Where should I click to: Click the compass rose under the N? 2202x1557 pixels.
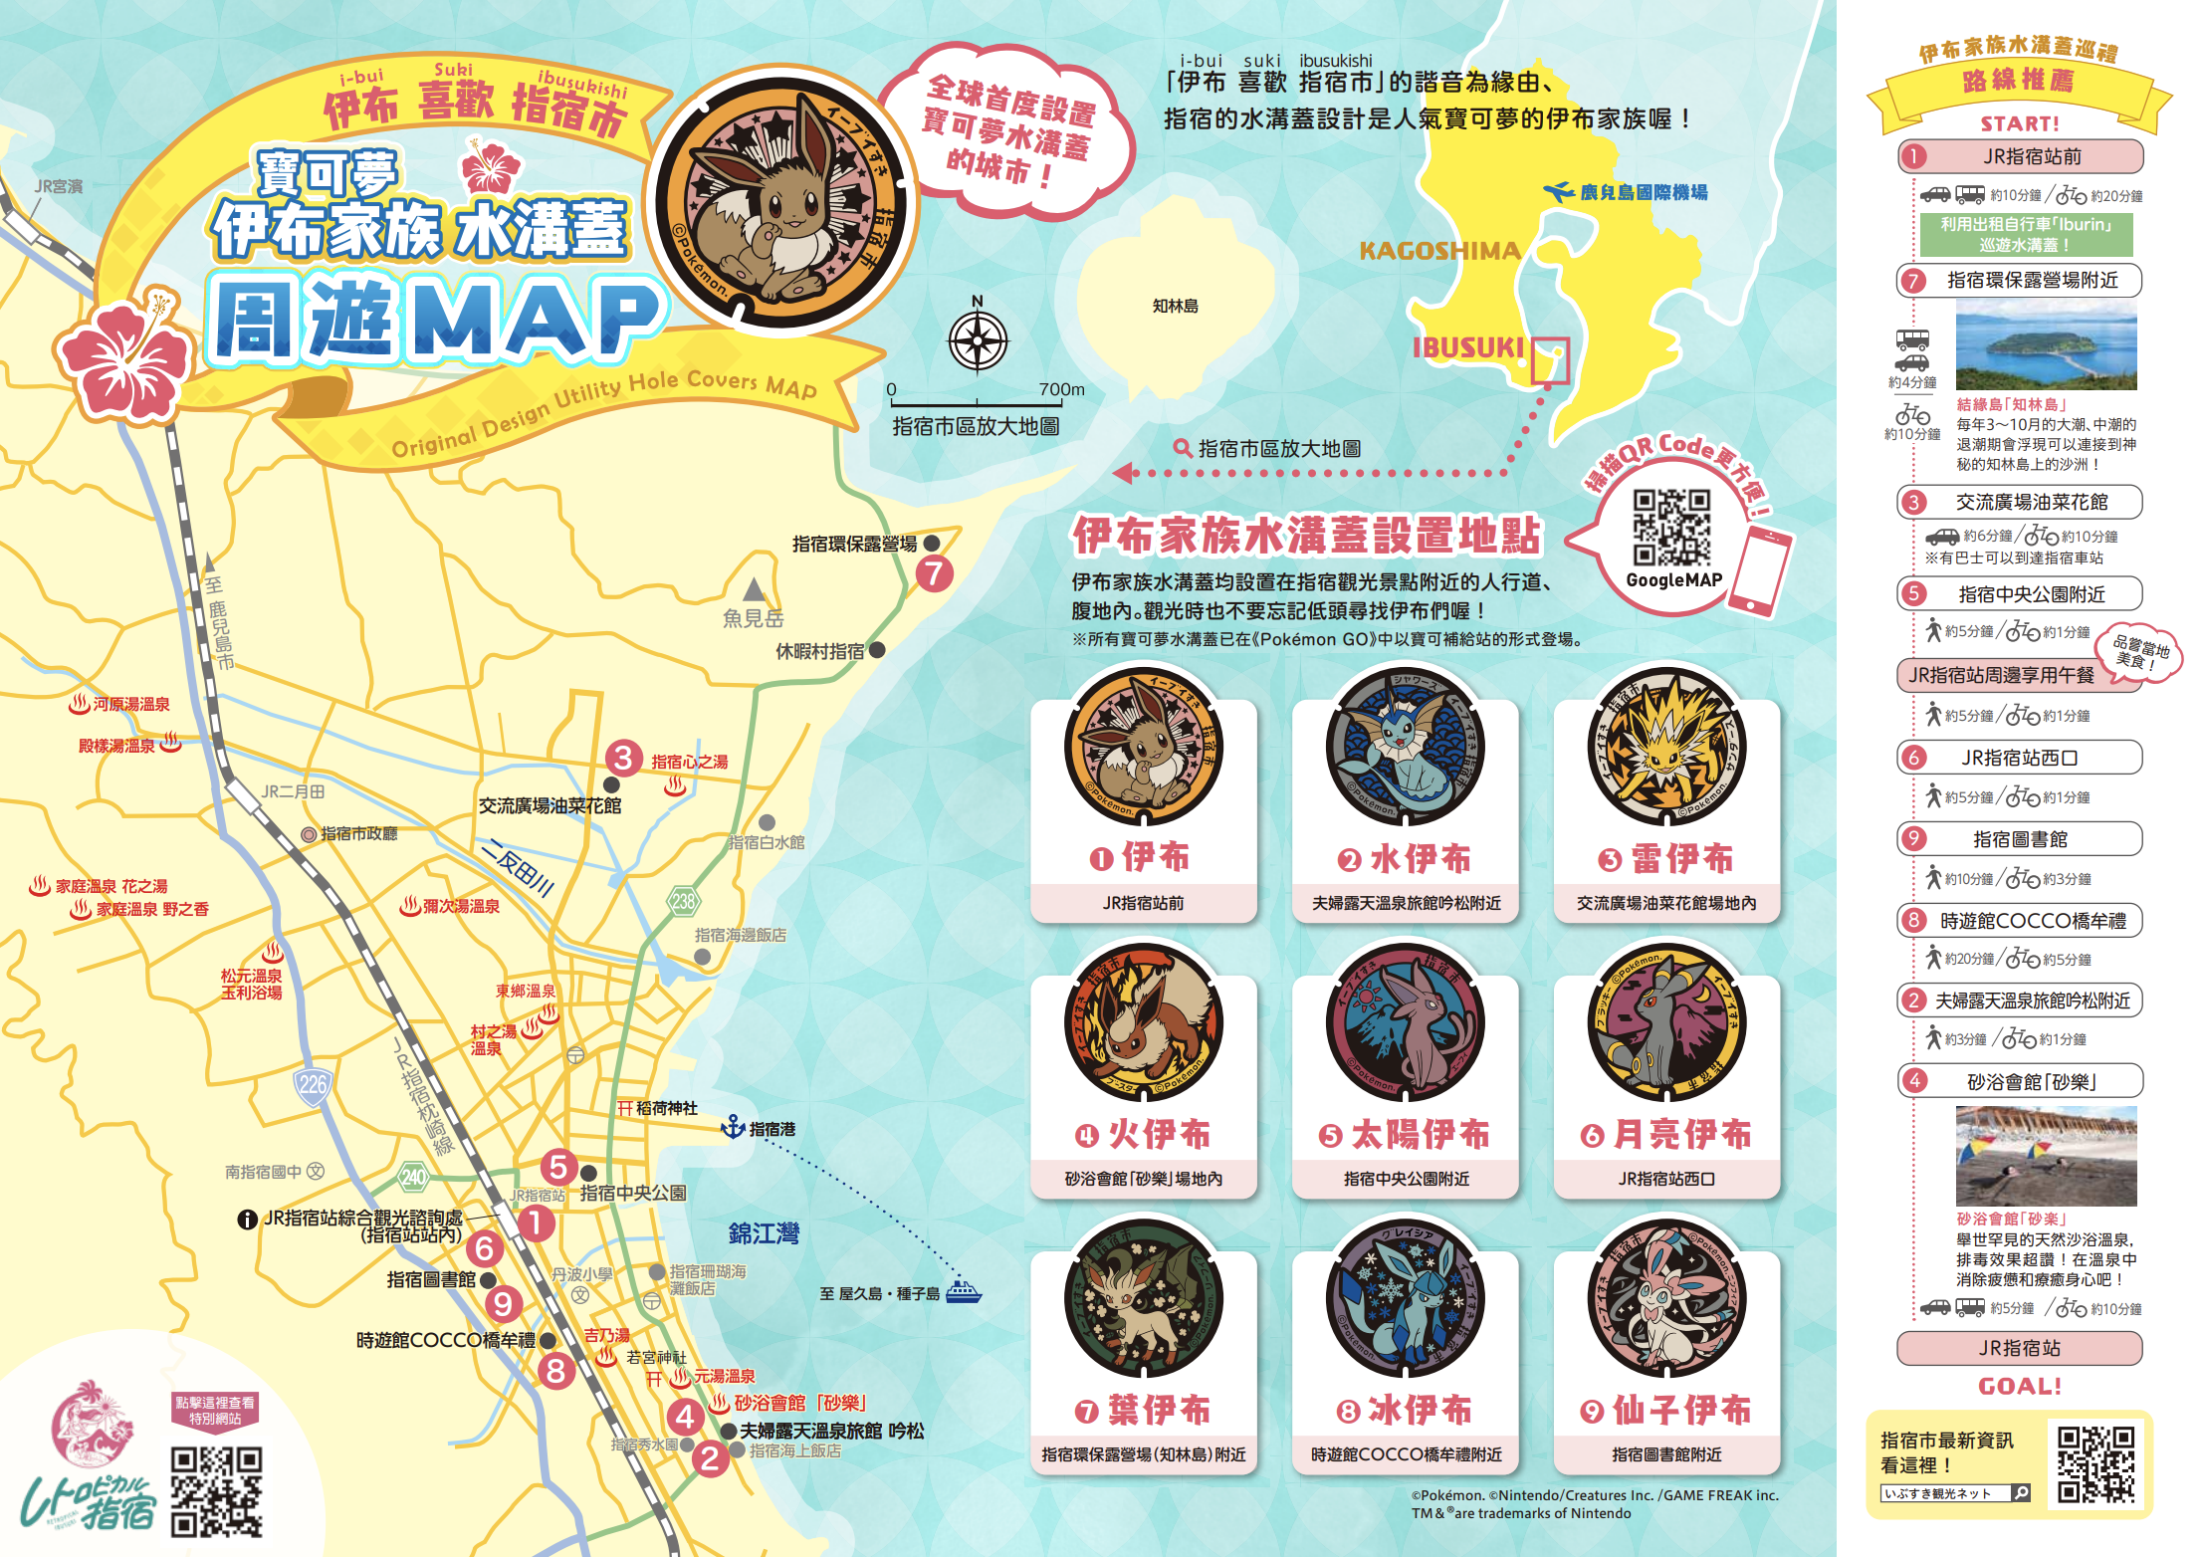[x=978, y=340]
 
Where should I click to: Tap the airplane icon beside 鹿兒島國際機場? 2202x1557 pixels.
[x=1558, y=191]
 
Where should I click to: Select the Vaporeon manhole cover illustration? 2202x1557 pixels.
[x=1405, y=747]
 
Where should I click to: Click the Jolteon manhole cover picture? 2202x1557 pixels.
[x=1666, y=747]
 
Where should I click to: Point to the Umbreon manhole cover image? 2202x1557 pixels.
[x=1666, y=1022]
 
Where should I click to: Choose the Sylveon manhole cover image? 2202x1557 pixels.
[x=1666, y=1298]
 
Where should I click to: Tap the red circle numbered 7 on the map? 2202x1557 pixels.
[x=934, y=573]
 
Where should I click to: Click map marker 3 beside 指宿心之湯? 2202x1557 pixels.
[x=623, y=759]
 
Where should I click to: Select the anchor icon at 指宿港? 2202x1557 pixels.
[x=733, y=1127]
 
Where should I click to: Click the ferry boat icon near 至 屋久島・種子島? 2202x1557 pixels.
[x=963, y=1291]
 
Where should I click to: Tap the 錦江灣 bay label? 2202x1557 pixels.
[x=764, y=1233]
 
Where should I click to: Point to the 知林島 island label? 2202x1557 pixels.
[x=1175, y=306]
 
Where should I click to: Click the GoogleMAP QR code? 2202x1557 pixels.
[x=1671, y=528]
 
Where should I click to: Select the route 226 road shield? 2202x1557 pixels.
[x=313, y=1084]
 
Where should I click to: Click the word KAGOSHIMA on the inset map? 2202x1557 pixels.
[x=1439, y=251]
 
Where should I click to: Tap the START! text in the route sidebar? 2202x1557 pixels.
[x=2019, y=123]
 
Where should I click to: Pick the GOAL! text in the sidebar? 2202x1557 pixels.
[x=2019, y=1386]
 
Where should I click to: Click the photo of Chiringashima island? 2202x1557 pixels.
[x=2046, y=345]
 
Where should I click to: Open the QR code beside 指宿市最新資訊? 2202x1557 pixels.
[x=2095, y=1463]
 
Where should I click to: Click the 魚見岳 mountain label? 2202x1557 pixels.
[x=753, y=618]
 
